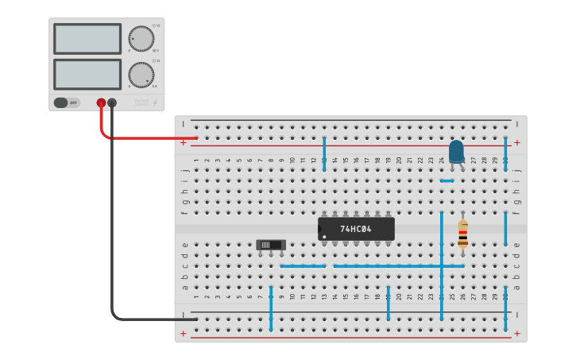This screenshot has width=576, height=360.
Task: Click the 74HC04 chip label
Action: [x=356, y=229]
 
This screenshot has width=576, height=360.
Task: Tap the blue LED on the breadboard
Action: [x=456, y=151]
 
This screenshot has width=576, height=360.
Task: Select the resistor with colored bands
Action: [x=463, y=234]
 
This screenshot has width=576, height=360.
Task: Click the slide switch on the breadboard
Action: [x=271, y=246]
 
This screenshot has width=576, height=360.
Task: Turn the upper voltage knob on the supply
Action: [x=141, y=38]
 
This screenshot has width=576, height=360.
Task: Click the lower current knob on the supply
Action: [x=141, y=75]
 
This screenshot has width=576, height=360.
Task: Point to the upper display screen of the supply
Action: [x=87, y=38]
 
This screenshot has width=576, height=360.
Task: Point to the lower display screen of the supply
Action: [x=87, y=74]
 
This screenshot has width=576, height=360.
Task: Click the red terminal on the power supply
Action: [x=101, y=103]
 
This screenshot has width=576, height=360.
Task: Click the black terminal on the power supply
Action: [x=112, y=103]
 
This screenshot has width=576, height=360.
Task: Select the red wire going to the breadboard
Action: [x=143, y=137]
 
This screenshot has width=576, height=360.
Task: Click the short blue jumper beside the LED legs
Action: [x=447, y=180]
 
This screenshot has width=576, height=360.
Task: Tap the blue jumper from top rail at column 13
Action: [x=324, y=153]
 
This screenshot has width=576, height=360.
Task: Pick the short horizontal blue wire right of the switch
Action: [x=303, y=265]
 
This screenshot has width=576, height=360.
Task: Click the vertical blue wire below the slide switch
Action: [x=271, y=308]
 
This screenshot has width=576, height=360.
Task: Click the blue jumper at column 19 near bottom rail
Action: [x=389, y=304]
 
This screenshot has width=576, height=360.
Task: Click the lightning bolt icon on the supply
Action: [x=155, y=103]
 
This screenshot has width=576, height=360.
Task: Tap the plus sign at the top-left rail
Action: [x=184, y=143]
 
